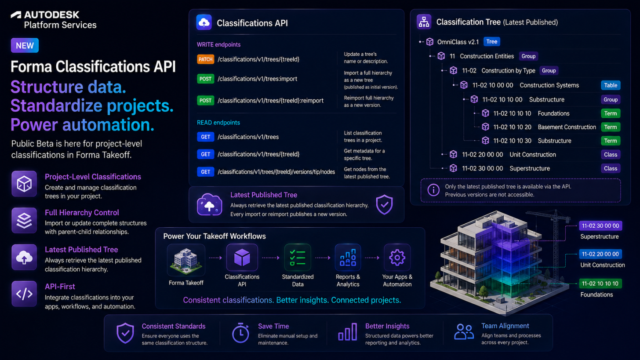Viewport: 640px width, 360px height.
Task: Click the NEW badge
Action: coord(25,45)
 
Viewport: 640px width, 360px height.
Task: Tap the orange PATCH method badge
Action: coord(205,59)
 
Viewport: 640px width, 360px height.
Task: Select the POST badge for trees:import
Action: coord(205,79)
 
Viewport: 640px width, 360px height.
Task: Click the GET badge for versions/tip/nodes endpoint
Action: coord(205,172)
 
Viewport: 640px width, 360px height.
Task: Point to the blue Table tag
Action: coord(611,85)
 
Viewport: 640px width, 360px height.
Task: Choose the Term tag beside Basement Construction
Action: coord(611,127)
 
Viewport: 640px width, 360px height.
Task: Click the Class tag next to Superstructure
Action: coord(611,169)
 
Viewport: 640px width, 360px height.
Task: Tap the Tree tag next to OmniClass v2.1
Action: coord(492,42)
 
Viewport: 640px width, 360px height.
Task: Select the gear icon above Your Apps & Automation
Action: coord(397,258)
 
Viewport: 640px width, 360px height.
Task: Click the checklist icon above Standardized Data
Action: coord(298,258)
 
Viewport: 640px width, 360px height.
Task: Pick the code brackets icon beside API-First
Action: coord(24,294)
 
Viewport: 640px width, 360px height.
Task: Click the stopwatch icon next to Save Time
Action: coord(240,333)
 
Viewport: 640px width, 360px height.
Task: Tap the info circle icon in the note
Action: coord(433,190)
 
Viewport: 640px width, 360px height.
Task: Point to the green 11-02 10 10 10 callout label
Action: coord(600,284)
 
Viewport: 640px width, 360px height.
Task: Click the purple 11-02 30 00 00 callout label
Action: coord(600,226)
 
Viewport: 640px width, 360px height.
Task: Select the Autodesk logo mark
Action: coord(16,15)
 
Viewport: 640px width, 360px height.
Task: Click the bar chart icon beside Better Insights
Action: coord(347,332)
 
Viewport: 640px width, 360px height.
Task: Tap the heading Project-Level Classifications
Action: coord(93,177)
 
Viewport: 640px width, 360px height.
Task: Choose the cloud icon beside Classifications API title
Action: coord(204,22)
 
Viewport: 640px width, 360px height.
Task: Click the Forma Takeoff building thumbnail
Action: coord(186,260)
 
